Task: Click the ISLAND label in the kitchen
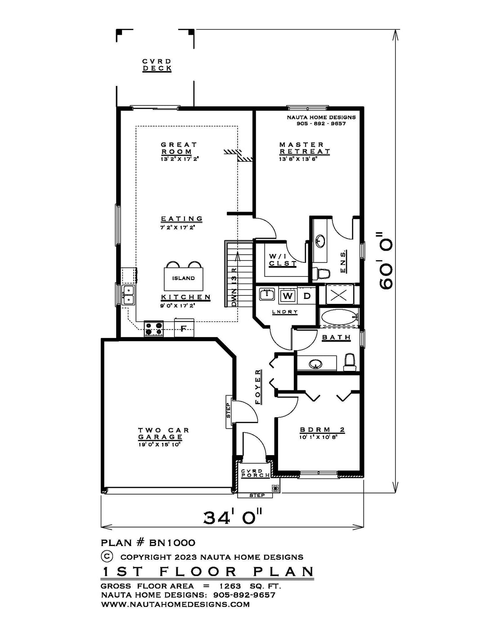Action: (x=184, y=278)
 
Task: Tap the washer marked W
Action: (x=288, y=296)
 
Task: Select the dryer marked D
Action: (x=307, y=296)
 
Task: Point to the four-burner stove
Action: (x=153, y=329)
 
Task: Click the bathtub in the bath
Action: (x=338, y=317)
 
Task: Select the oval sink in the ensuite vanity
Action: (x=320, y=241)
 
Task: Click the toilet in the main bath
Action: (x=350, y=362)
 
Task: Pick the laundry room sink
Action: (x=267, y=294)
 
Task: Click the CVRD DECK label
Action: (x=157, y=65)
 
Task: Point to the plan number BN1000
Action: (x=172, y=542)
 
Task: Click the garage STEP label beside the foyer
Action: (x=229, y=411)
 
